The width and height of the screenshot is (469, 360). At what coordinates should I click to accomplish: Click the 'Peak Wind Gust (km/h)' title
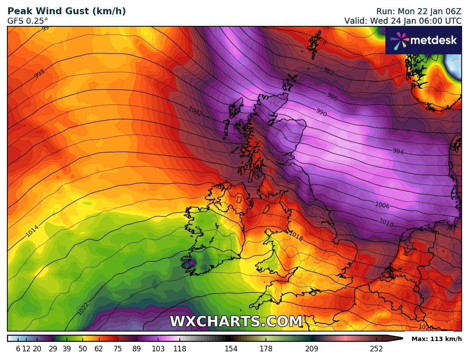click(x=67, y=11)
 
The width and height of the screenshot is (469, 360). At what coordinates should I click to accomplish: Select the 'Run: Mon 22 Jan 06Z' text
click(x=419, y=11)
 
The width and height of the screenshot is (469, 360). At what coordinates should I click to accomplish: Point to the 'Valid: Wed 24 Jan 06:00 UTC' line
click(x=403, y=21)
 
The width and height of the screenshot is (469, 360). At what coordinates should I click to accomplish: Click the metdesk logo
click(x=423, y=41)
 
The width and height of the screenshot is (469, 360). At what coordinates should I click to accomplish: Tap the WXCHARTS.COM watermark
click(x=236, y=322)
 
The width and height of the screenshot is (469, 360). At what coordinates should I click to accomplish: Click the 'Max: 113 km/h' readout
click(x=436, y=339)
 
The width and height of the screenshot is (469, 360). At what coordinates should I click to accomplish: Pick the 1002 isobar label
click(x=195, y=111)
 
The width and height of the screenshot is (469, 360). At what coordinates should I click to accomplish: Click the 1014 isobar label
click(x=32, y=231)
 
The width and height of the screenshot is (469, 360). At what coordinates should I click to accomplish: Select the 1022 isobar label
click(x=83, y=308)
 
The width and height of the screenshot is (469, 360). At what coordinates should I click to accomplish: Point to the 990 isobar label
click(x=322, y=113)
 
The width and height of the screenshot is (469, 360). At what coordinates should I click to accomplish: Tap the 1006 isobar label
click(x=382, y=205)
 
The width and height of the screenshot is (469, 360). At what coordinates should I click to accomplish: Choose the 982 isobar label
click(x=328, y=72)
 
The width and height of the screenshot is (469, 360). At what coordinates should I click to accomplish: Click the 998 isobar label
click(x=39, y=73)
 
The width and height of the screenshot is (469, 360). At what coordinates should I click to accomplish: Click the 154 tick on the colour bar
click(x=231, y=349)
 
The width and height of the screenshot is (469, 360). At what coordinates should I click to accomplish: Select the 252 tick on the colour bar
click(x=376, y=349)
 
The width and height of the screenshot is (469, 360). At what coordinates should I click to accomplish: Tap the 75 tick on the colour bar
click(x=118, y=349)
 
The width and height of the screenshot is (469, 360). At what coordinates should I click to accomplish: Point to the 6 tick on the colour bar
click(x=18, y=349)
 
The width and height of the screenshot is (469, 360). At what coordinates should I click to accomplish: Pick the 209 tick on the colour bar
click(x=312, y=349)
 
